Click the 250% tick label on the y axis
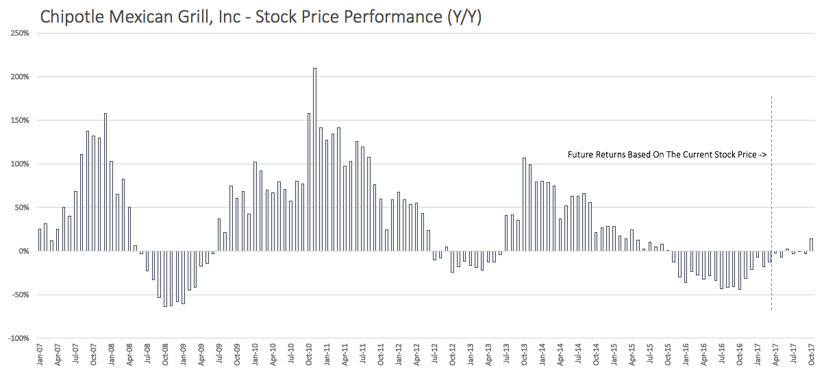(x=18, y=33)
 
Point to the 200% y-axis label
(x=18, y=77)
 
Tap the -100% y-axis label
(x=18, y=339)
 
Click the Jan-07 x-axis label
(x=40, y=356)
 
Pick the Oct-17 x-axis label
(x=811, y=356)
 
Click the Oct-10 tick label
(x=309, y=356)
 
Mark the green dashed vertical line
(x=772, y=205)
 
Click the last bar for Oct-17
(x=811, y=245)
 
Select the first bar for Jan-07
(x=40, y=240)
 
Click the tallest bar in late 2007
(x=105, y=182)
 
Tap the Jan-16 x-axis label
(x=679, y=356)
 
